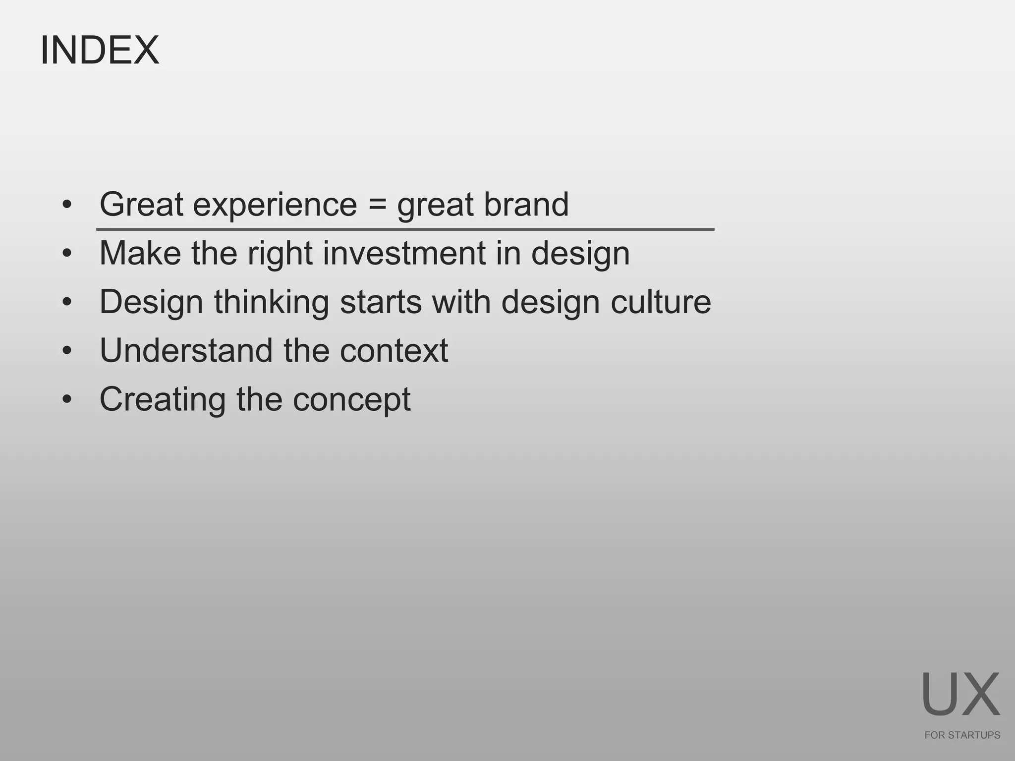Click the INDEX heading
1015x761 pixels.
tap(100, 50)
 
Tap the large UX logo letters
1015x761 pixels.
tap(960, 695)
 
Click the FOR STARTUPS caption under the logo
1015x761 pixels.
tap(962, 735)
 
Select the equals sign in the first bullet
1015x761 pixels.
tap(377, 205)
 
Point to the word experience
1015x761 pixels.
tap(275, 205)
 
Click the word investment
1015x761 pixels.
tap(404, 253)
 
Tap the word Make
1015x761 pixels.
tap(140, 253)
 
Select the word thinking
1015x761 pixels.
tap(272, 302)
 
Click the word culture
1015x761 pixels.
tap(661, 301)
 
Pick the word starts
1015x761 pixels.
tap(381, 302)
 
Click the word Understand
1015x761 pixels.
tap(186, 350)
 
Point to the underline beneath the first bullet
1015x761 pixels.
tap(405, 229)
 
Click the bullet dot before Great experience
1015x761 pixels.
tap(67, 205)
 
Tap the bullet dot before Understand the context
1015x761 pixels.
tap(67, 351)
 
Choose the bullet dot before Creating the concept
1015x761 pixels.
tap(67, 399)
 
